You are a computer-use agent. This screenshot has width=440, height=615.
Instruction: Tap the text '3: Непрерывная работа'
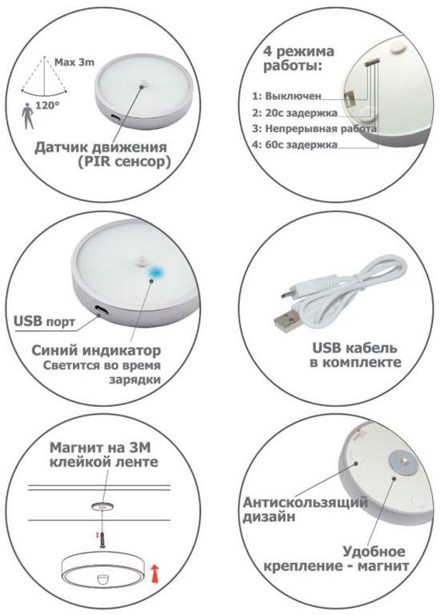[314, 128]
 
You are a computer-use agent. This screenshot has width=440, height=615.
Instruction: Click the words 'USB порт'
[45, 322]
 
